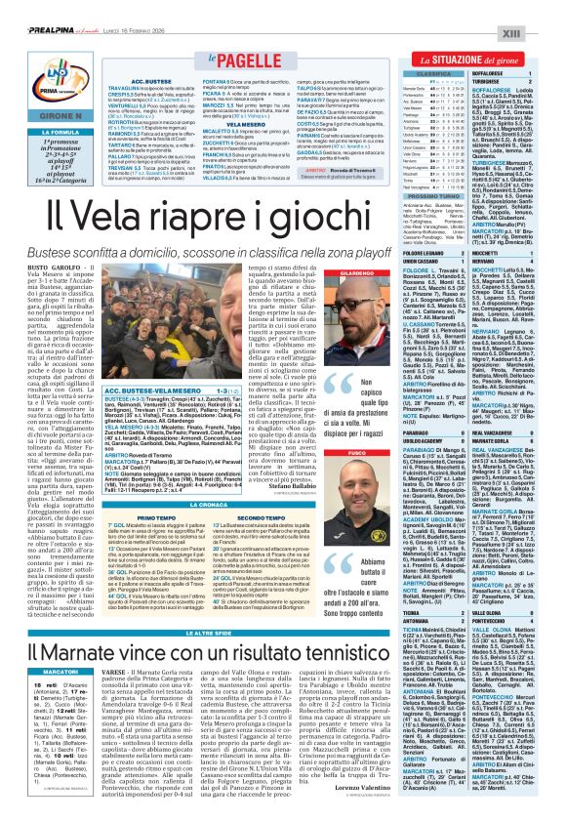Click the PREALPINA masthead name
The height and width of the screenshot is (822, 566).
(x=37, y=8)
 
